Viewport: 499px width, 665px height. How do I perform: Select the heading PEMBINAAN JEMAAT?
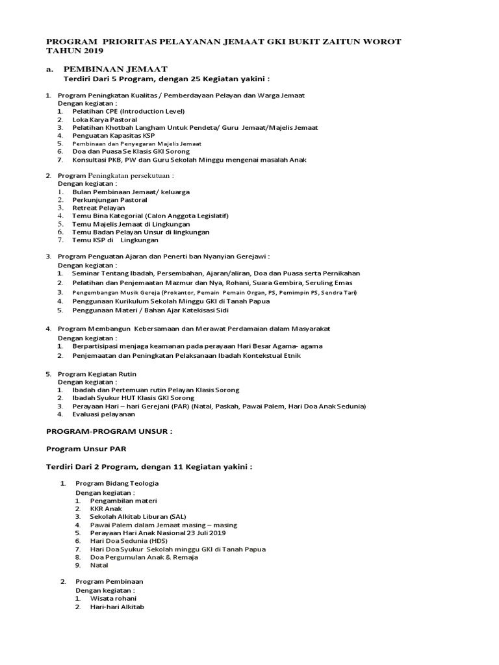[116, 69]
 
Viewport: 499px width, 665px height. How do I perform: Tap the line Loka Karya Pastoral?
[105, 119]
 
